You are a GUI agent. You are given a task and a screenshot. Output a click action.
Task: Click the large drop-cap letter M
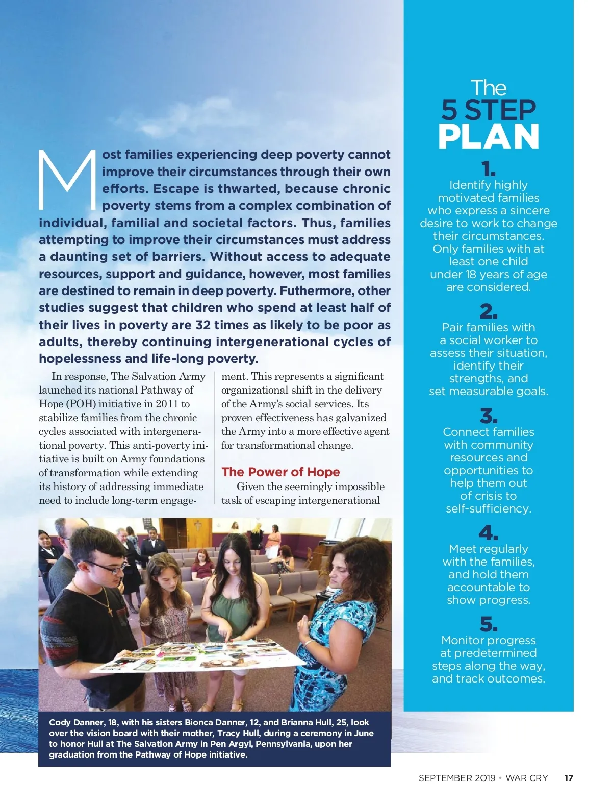pos(67,180)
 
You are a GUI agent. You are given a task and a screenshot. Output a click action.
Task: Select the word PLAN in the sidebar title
pos(488,136)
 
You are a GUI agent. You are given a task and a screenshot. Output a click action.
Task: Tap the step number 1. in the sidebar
pos(488,169)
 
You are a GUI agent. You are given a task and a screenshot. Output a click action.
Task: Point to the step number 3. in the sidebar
pos(488,416)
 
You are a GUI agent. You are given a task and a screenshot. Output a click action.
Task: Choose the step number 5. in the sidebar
pos(488,624)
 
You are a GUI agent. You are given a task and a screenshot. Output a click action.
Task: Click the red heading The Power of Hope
pos(280,472)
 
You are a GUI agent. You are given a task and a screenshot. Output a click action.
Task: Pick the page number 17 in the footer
pos(569,778)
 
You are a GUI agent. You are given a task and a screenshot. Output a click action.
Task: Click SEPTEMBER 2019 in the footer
pos(457,778)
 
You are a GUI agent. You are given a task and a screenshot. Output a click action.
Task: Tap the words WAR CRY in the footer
pos(526,778)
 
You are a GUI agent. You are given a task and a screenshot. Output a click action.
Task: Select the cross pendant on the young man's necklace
pos(111,610)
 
